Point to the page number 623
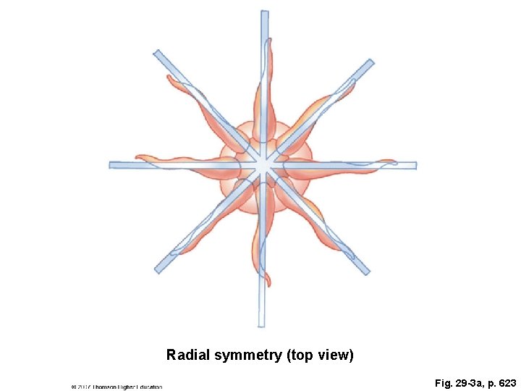pyautogui.click(x=504, y=381)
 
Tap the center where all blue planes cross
pyautogui.click(x=263, y=166)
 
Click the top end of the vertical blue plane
pyautogui.click(x=264, y=14)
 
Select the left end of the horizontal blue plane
pyautogui.click(x=113, y=165)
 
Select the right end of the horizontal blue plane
pyautogui.click(x=413, y=165)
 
